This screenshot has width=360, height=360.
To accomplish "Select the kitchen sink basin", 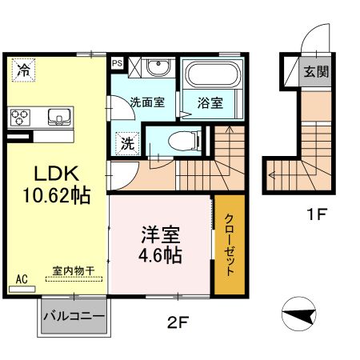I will pos(58,118).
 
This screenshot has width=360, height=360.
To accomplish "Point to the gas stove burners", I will pos(21,118).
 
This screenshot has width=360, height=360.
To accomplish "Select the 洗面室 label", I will pos(147,102).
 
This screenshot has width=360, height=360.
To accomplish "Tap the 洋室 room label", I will pos(160,237).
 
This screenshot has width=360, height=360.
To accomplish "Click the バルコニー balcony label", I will pos(73,317).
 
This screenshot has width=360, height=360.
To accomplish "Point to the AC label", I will pos(22,279).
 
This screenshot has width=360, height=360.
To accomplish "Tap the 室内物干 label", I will pos(73,270).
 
